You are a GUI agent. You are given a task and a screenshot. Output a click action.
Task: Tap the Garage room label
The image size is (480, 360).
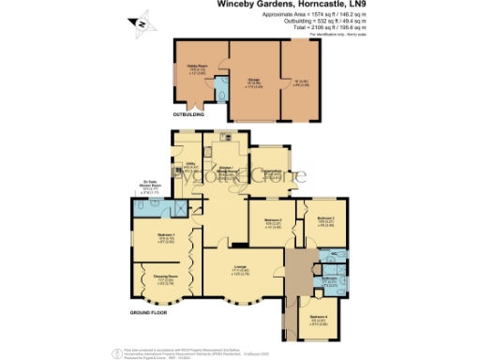(x=253, y=81)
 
